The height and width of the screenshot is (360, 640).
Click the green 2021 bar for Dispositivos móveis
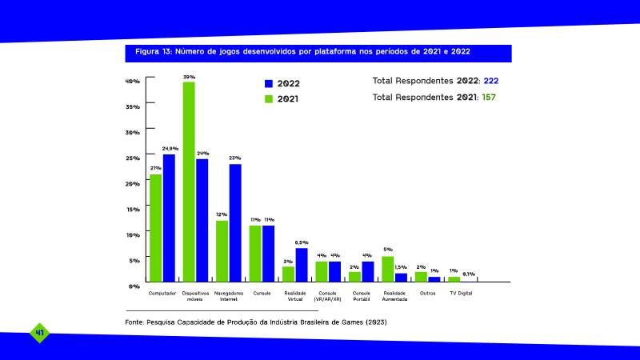click(x=189, y=182)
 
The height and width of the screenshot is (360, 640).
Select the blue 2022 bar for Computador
click(x=169, y=218)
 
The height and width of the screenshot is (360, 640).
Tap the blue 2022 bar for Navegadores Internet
click(x=235, y=223)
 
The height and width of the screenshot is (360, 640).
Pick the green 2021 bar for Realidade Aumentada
click(x=388, y=270)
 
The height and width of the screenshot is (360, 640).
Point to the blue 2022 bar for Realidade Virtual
click(x=302, y=266)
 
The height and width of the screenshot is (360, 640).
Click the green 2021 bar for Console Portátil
click(x=354, y=277)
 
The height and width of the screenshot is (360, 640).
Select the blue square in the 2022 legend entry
click(x=269, y=84)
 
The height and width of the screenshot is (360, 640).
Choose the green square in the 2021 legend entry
click(x=269, y=99)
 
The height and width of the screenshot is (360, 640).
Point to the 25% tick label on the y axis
click(x=133, y=158)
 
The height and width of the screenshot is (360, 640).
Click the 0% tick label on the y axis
click(x=134, y=286)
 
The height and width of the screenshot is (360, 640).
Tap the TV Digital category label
click(x=461, y=294)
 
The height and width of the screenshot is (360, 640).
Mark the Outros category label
click(x=428, y=294)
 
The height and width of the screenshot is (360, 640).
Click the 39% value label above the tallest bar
click(x=189, y=77)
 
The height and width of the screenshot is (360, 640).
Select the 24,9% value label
click(x=170, y=149)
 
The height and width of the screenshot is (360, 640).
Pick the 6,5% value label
click(x=302, y=243)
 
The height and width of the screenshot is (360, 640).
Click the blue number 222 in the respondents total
click(x=491, y=81)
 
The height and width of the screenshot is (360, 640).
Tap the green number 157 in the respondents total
click(x=489, y=97)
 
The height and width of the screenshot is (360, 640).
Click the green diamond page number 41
click(x=39, y=333)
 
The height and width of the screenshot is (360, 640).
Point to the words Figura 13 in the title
click(x=153, y=52)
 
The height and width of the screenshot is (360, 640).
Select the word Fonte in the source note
click(x=134, y=322)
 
